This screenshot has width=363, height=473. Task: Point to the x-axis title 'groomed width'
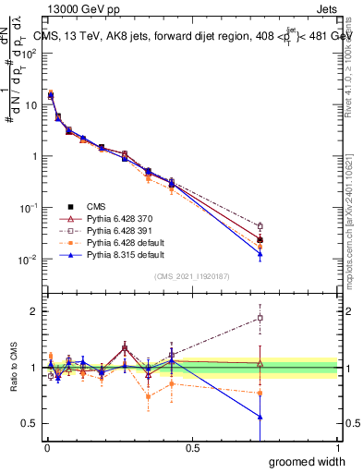click(309, 461)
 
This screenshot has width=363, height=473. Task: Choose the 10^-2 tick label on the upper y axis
click(30, 260)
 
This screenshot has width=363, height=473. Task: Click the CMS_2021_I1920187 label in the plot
click(192, 275)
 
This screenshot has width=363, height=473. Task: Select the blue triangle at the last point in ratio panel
click(260, 417)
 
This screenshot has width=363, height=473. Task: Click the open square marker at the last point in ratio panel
click(260, 318)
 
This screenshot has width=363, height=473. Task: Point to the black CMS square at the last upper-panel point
click(260, 239)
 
